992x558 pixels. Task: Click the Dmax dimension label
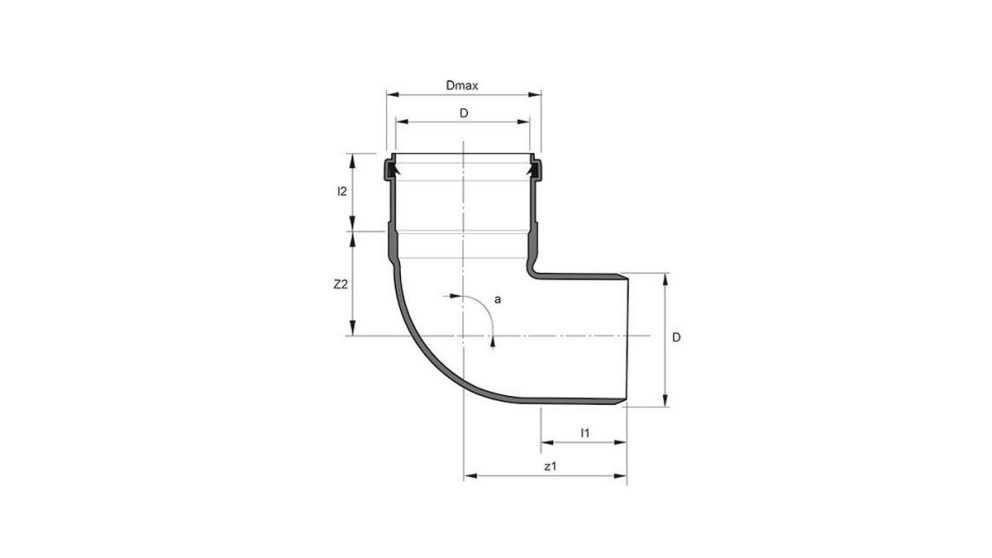click(x=463, y=86)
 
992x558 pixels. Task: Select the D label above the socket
click(x=463, y=114)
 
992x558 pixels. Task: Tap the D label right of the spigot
click(x=677, y=339)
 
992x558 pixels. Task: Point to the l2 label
click(x=341, y=191)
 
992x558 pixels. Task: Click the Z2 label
click(x=340, y=284)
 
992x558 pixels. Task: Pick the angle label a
click(x=498, y=299)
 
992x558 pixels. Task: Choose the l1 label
click(x=584, y=432)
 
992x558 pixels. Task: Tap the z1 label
click(x=549, y=467)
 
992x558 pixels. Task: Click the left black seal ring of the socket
click(x=390, y=169)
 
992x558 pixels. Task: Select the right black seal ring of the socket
click(x=535, y=169)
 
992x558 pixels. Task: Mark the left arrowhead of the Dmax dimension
click(x=390, y=96)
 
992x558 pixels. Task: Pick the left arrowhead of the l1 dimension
click(x=544, y=442)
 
